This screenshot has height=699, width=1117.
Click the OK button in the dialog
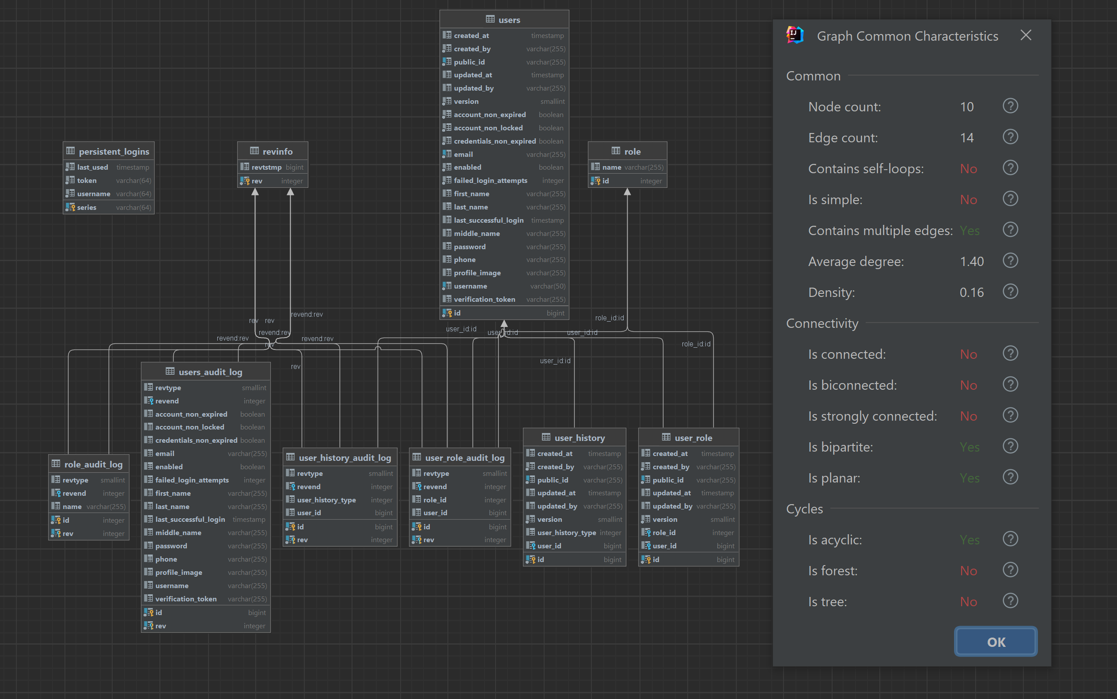[x=996, y=642]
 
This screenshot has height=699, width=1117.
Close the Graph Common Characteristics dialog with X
[x=1026, y=36]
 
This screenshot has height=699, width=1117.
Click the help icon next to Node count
[x=1010, y=106]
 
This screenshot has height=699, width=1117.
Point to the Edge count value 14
[x=966, y=138]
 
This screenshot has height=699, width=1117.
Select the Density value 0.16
[x=971, y=293]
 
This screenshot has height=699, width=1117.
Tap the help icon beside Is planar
[x=1010, y=477]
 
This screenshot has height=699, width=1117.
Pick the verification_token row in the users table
[x=484, y=300]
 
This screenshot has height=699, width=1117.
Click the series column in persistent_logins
[x=87, y=208]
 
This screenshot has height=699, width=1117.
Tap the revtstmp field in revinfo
[x=266, y=167]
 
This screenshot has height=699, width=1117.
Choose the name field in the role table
[x=611, y=167]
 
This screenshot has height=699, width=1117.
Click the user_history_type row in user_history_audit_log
[x=326, y=500]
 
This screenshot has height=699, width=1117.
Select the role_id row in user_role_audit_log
[x=435, y=500]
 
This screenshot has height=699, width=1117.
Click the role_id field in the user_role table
[x=664, y=532]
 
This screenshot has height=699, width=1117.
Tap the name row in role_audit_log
[x=72, y=507]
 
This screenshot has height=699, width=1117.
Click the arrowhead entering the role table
[x=627, y=192]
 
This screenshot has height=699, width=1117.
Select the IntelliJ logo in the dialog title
[x=795, y=35]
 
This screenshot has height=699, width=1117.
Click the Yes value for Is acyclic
[x=969, y=540]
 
